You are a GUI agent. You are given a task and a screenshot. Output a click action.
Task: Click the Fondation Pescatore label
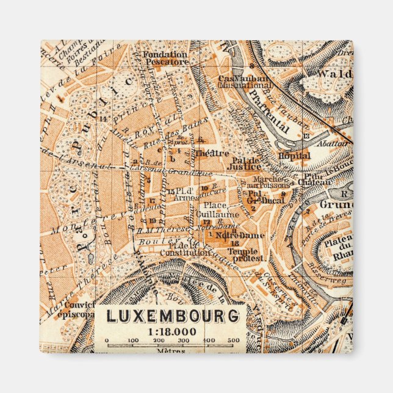[x=165, y=57]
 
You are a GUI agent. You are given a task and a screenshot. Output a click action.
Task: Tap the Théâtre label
[x=212, y=153]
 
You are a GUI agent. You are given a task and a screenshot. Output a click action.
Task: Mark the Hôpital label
[x=295, y=156]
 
